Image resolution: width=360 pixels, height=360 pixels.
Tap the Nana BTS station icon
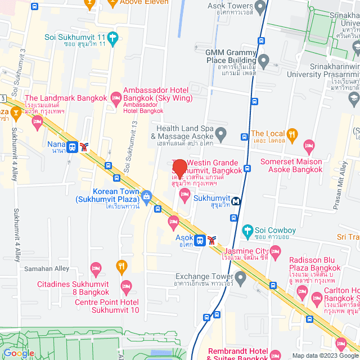click(x=72, y=147)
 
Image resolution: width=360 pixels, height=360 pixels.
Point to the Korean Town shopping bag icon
click(x=146, y=196)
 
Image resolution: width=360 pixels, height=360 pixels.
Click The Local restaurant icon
click(x=291, y=134)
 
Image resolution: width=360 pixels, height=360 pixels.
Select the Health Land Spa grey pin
click(x=220, y=134)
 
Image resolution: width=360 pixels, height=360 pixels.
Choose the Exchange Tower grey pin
click(x=241, y=277)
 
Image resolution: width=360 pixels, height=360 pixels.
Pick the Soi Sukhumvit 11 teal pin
click(x=114, y=38)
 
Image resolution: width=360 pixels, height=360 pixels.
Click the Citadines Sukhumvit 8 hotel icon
click(x=96, y=267)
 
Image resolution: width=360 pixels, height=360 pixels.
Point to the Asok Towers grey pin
click(x=259, y=7)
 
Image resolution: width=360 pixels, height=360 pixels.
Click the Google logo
click(x=18, y=353)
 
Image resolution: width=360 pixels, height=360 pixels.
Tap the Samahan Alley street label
click(x=46, y=269)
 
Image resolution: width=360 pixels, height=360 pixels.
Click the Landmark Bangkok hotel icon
click(x=38, y=121)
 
